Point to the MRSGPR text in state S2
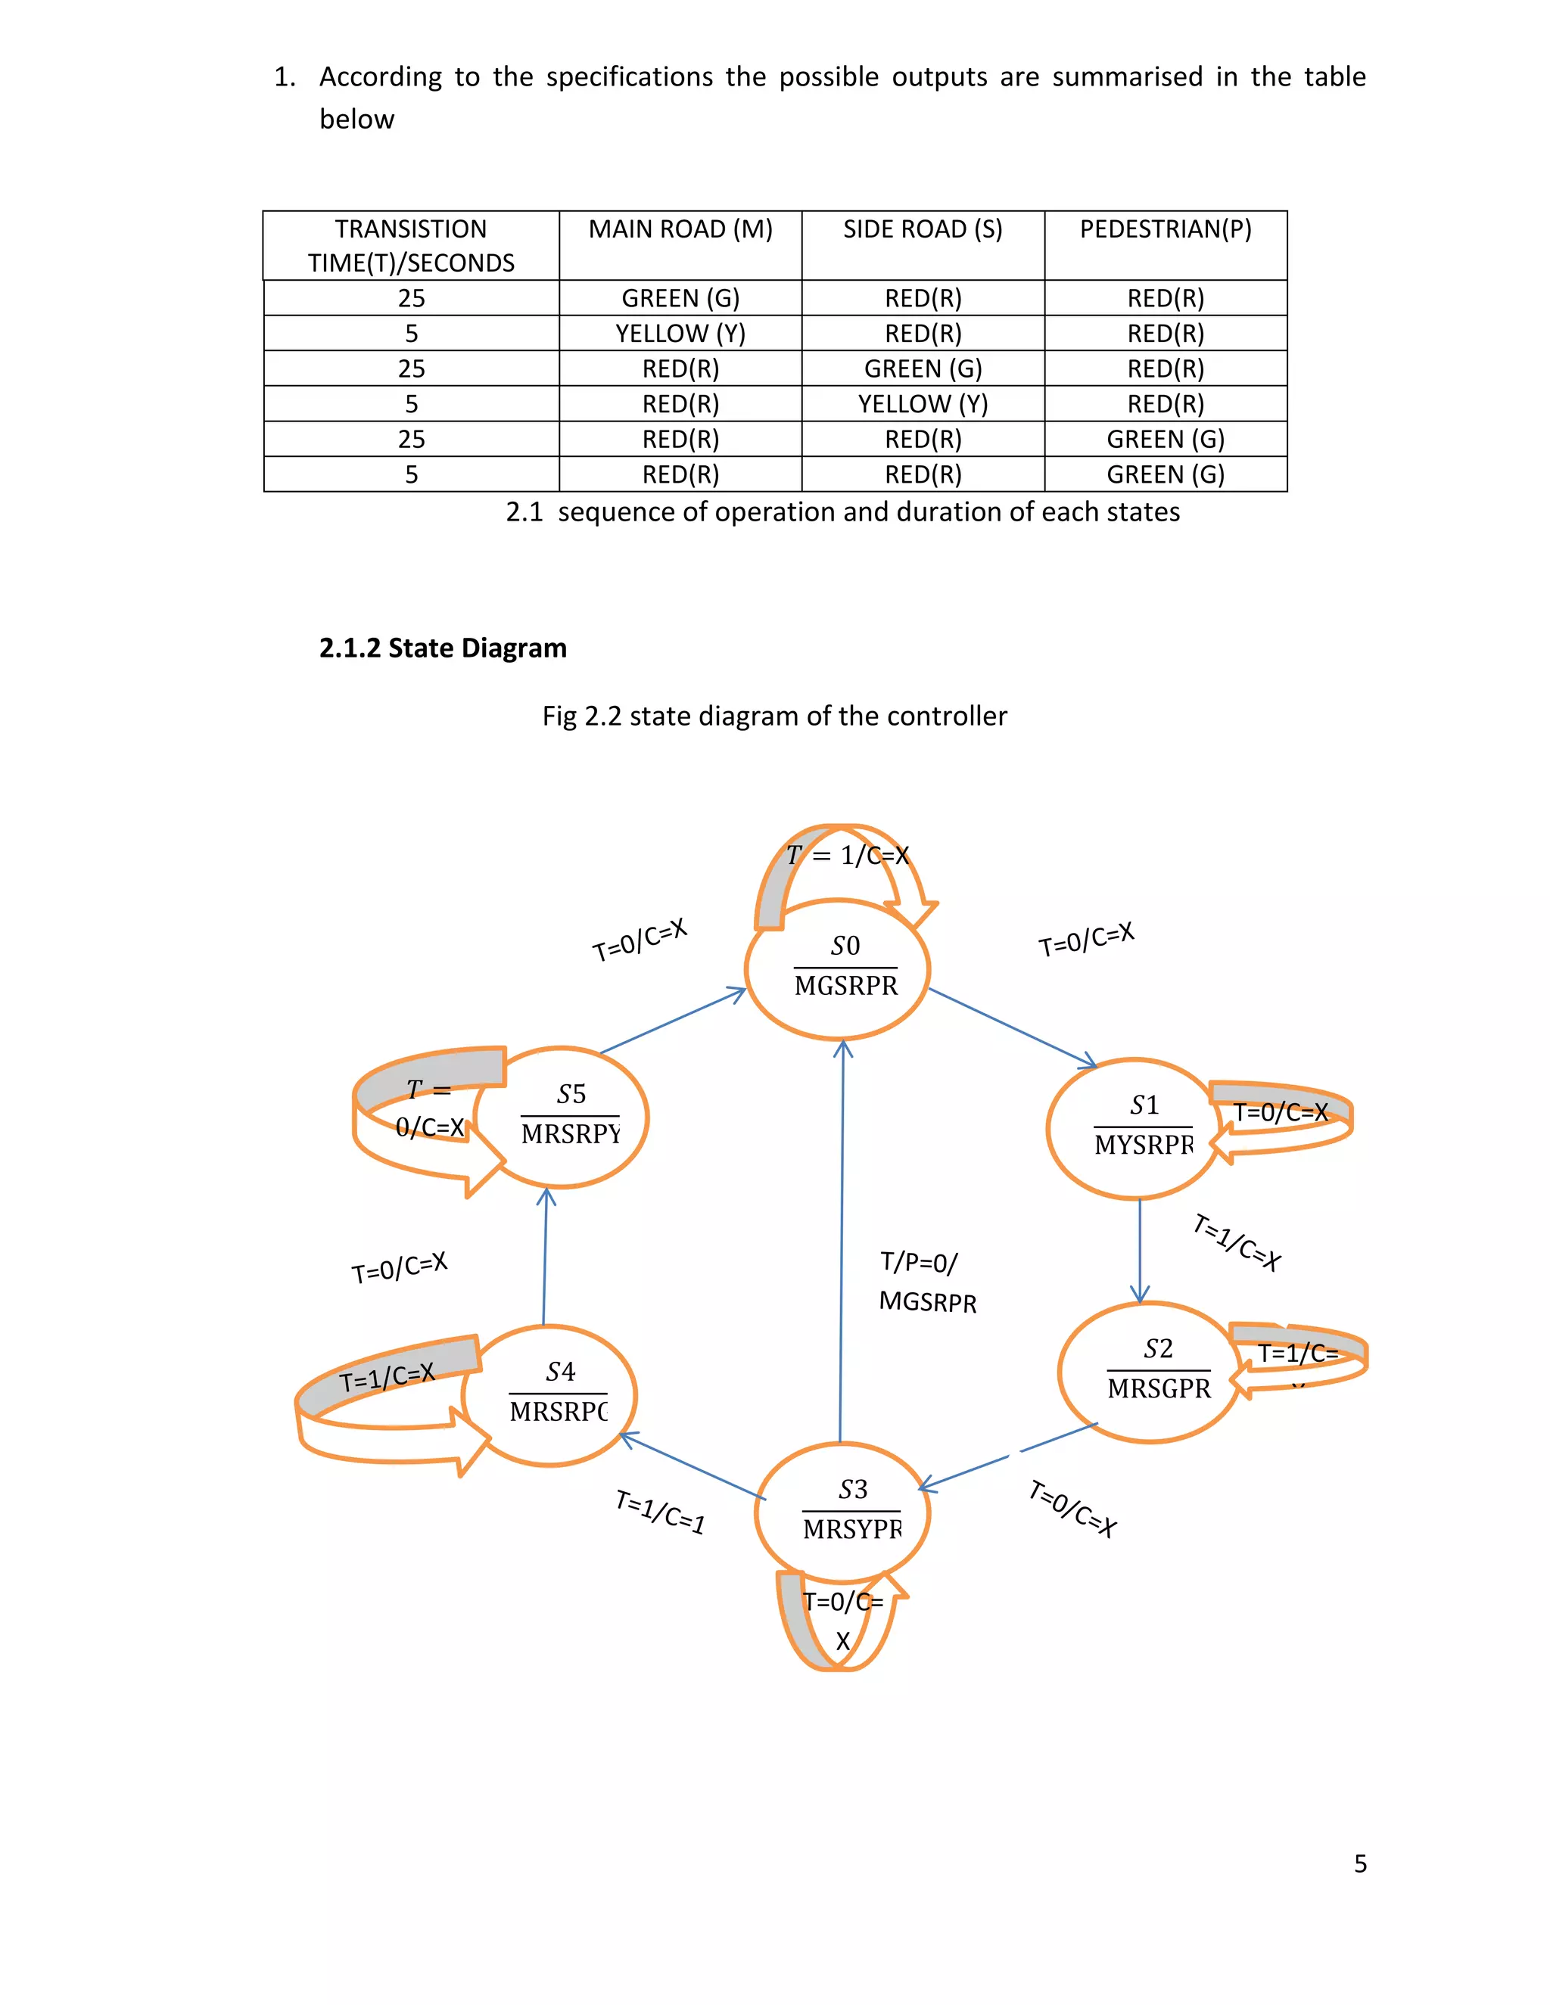point(1159,1388)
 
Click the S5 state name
point(571,1093)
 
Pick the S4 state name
point(560,1372)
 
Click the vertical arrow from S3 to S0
point(842,1239)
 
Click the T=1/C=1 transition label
point(660,1512)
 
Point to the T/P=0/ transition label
point(918,1262)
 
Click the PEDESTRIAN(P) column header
point(1166,228)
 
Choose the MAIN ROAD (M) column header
point(680,228)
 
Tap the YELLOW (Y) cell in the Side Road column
point(923,404)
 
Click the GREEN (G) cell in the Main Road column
point(680,298)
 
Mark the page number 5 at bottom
point(1360,1863)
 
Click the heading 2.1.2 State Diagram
point(443,648)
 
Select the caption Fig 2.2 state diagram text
point(774,715)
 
